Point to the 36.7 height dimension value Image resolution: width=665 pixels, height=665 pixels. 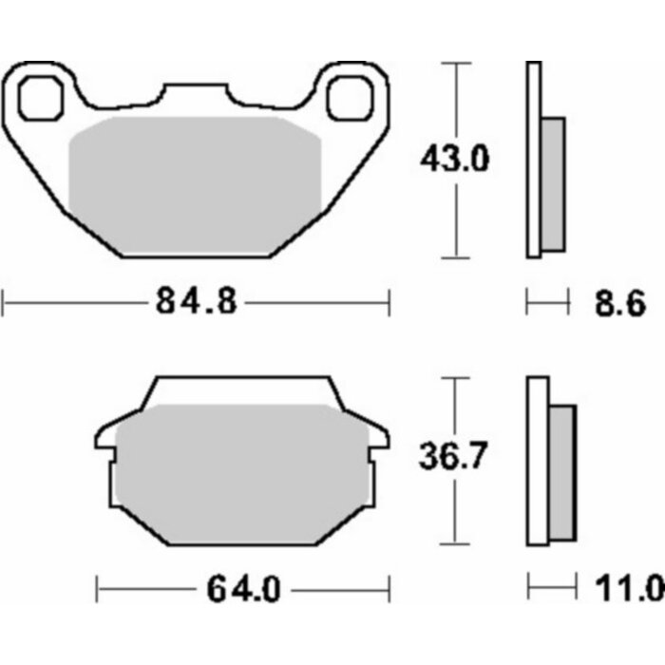pyautogui.click(x=454, y=458)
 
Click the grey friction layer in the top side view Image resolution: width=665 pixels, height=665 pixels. pyautogui.click(x=553, y=185)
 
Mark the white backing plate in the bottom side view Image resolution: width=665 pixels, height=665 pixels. pyautogui.click(x=538, y=461)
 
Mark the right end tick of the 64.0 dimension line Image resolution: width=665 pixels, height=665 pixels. pyautogui.click(x=388, y=590)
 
